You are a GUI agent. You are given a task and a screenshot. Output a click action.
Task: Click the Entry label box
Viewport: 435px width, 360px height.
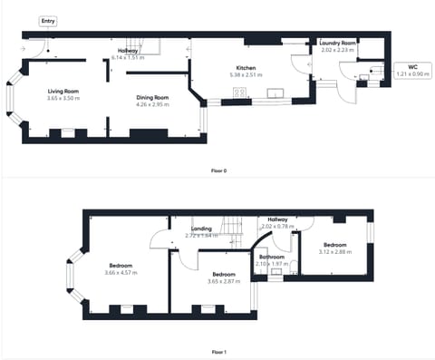[x=47, y=20]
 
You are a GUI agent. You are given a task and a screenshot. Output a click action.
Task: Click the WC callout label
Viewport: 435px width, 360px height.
[x=412, y=66]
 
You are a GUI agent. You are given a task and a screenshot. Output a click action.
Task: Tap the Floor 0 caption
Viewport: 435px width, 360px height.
[x=217, y=170]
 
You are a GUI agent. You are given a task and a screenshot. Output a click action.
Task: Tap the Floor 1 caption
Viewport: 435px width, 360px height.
[x=217, y=351]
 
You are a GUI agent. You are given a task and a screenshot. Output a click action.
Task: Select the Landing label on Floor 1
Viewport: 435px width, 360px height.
[x=201, y=229]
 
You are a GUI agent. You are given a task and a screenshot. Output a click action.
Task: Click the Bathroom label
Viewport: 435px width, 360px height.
[x=272, y=257]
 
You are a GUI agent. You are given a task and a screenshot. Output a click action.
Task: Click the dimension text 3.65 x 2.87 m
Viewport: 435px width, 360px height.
[x=224, y=281]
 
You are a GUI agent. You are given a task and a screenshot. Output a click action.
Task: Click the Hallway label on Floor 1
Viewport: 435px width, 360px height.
[x=276, y=219]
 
